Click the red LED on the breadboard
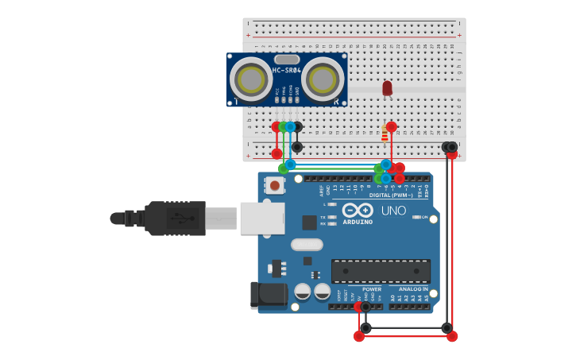click(x=387, y=87)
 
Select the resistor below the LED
click(x=385, y=134)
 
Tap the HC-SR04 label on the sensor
click(x=286, y=70)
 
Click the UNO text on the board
click(x=393, y=211)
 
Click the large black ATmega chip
click(x=381, y=270)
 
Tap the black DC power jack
click(x=268, y=295)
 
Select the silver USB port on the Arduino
click(x=262, y=217)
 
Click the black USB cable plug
click(x=175, y=218)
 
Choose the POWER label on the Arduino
click(x=372, y=289)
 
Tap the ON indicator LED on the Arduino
click(x=416, y=217)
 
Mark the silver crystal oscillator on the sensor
click(x=287, y=59)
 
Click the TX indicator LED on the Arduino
click(x=332, y=217)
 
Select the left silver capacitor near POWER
click(x=303, y=291)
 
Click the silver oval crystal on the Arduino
click(x=307, y=245)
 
